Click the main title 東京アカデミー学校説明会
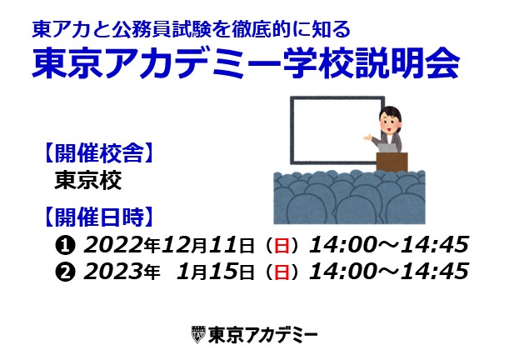(x=246, y=63)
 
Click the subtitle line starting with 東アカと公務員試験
(x=192, y=29)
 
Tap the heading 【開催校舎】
(x=98, y=152)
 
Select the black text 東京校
(x=88, y=180)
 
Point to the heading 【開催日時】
(x=98, y=217)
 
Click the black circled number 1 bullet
(x=65, y=246)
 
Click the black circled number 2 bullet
(x=65, y=272)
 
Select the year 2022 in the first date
(x=113, y=245)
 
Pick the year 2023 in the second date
(x=113, y=272)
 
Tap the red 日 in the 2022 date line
(x=282, y=246)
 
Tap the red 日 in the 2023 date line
(x=282, y=272)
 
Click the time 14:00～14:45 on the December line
(x=389, y=245)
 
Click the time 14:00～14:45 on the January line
(x=389, y=272)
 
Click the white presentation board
(x=337, y=130)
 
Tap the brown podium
(x=392, y=162)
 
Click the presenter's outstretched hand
(x=367, y=137)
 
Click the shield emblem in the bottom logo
(x=198, y=335)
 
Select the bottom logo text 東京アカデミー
(x=262, y=335)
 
